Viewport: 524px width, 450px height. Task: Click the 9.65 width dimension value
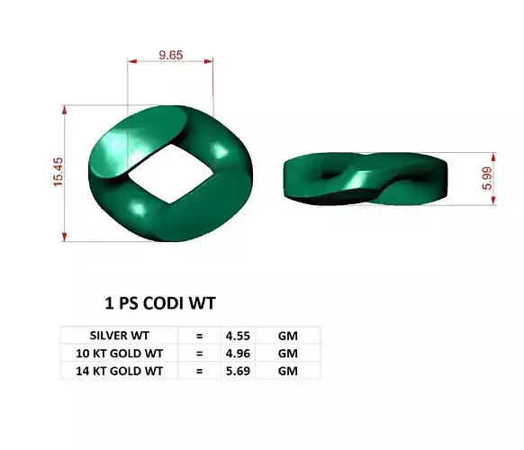[171, 54]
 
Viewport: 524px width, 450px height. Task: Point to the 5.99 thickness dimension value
[487, 177]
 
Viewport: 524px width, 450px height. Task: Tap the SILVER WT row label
[120, 335]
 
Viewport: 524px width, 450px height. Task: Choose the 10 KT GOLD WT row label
[120, 352]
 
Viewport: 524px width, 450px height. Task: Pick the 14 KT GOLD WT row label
[120, 369]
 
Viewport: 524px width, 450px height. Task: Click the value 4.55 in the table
[237, 335]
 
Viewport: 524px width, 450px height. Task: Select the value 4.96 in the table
[237, 352]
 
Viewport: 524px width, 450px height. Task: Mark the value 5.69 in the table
[237, 369]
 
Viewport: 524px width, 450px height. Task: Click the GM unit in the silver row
[287, 335]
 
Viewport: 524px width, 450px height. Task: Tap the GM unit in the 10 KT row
[287, 352]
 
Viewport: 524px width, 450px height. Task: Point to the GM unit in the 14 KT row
[287, 369]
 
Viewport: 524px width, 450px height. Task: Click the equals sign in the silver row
[199, 335]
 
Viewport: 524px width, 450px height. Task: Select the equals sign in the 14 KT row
[199, 369]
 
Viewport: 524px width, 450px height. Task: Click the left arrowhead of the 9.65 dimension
[131, 62]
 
